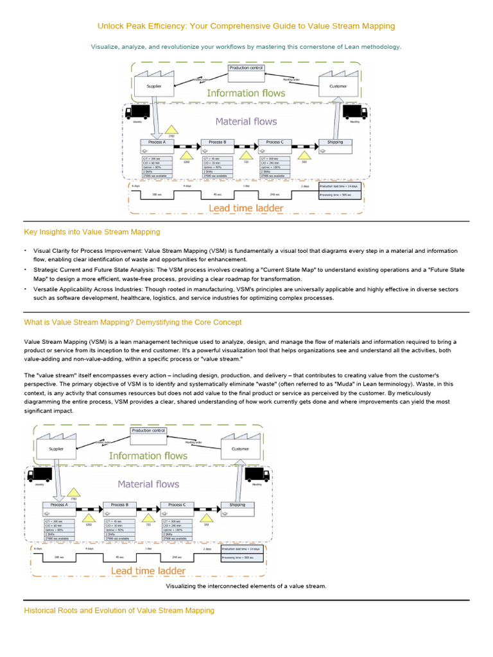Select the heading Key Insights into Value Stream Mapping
click(92, 232)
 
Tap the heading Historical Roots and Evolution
click(119, 610)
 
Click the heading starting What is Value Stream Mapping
click(133, 322)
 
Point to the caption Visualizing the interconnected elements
click(246, 586)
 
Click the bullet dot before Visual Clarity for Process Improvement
click(26, 251)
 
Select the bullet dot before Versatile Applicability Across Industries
click(26, 289)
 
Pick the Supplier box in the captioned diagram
click(56, 449)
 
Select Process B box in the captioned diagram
click(118, 505)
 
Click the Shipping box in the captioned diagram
click(237, 505)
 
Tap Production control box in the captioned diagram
click(148, 431)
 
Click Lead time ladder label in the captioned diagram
click(148, 570)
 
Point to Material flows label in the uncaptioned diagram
click(246, 121)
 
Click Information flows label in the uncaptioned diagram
click(246, 93)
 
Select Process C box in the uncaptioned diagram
click(274, 142)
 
